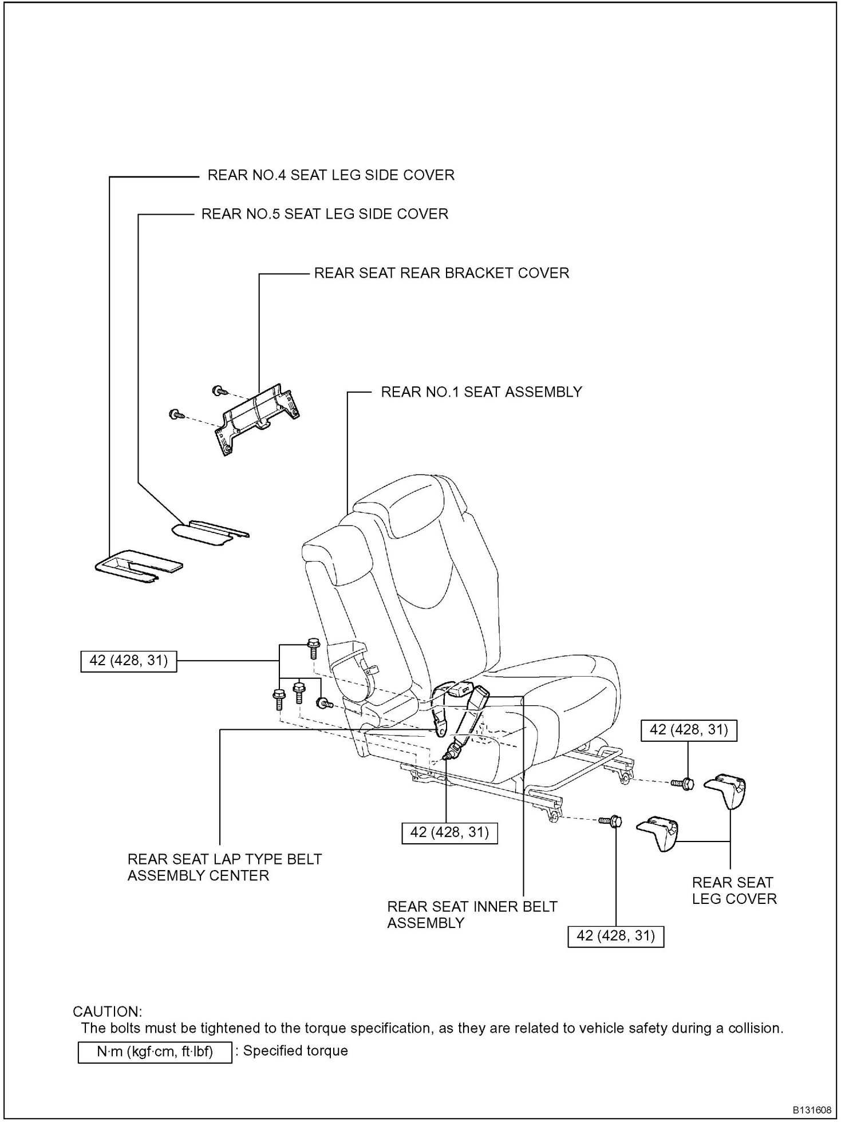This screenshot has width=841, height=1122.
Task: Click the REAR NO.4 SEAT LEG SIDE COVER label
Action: (330, 175)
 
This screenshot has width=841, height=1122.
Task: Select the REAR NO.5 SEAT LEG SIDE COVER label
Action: (325, 214)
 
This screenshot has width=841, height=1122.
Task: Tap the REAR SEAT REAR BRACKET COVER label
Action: (441, 273)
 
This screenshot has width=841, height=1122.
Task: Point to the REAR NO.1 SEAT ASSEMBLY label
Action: (481, 392)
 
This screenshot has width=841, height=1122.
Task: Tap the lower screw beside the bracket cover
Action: (175, 414)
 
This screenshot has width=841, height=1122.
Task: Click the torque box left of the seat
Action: (129, 661)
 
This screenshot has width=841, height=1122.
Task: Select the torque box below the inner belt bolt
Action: (449, 832)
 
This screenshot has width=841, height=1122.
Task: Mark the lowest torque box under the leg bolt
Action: (616, 936)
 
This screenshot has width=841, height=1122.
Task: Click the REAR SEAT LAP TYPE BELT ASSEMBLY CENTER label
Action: (224, 867)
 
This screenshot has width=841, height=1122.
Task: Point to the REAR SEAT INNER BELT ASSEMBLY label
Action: (472, 915)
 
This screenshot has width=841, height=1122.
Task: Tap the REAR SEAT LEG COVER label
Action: (734, 890)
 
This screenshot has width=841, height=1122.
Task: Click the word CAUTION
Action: (107, 1011)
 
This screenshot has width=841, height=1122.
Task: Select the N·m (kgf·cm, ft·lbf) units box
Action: (155, 1052)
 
